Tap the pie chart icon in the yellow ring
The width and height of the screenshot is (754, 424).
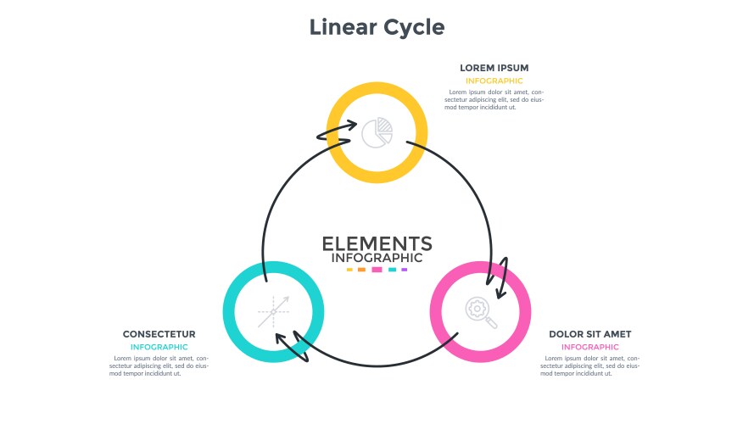[x=377, y=132]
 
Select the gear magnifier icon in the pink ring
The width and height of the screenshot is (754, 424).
[x=480, y=311]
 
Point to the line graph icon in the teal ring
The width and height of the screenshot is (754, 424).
[x=274, y=311]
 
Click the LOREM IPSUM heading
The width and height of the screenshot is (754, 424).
[x=494, y=67]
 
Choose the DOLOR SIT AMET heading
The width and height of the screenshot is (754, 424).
[x=589, y=334]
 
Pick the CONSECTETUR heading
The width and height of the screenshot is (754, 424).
[x=159, y=334]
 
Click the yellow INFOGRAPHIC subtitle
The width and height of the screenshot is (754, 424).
[x=494, y=81]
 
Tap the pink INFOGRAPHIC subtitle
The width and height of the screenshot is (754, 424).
[x=589, y=347]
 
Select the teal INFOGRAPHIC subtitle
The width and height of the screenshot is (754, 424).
[x=159, y=347]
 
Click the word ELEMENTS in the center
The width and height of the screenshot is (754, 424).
[x=377, y=243]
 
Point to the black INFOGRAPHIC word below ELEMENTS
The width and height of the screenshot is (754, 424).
[x=377, y=258]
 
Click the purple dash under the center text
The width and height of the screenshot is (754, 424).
[x=405, y=270]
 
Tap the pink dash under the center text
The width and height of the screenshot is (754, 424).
[x=377, y=270]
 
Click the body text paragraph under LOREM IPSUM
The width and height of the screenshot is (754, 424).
[x=494, y=100]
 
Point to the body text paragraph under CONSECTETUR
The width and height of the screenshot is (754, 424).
[x=159, y=365]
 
